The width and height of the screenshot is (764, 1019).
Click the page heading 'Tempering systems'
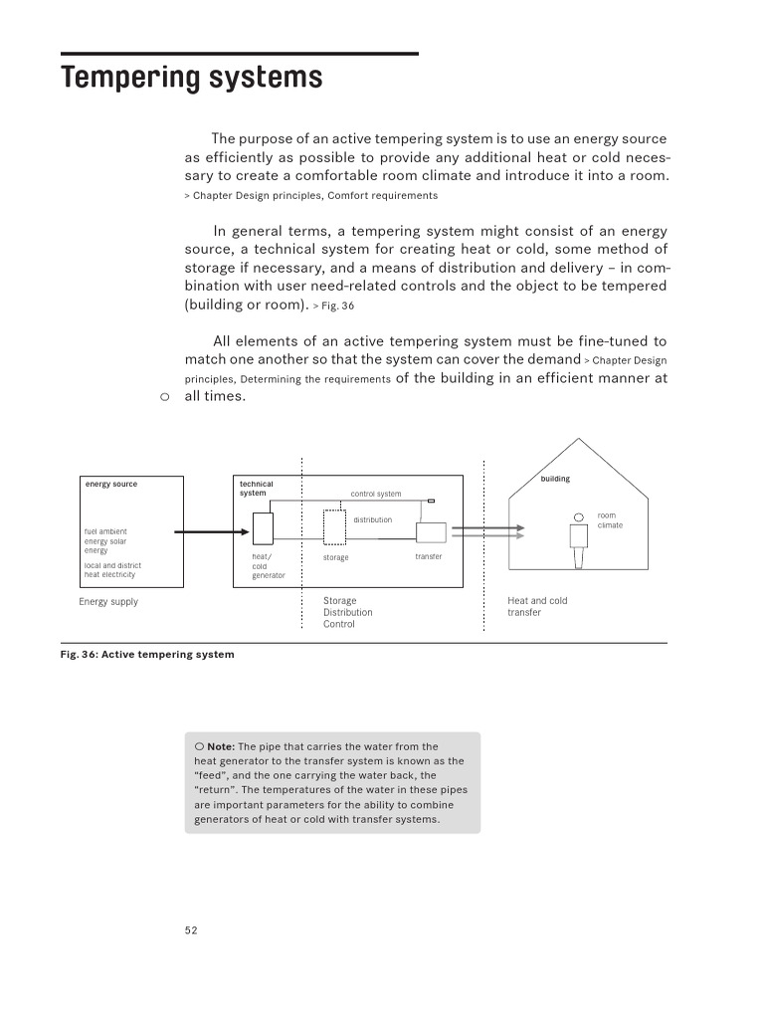click(x=192, y=78)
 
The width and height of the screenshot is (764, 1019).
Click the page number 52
click(x=191, y=930)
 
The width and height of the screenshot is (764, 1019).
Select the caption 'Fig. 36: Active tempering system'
click(x=147, y=655)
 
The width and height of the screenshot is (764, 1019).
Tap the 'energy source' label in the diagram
click(x=111, y=484)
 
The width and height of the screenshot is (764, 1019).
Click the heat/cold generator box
click(x=263, y=526)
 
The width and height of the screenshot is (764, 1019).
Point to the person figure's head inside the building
click(x=578, y=516)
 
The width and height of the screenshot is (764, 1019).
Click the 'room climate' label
click(x=609, y=519)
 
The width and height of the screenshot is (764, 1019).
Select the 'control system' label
click(x=376, y=494)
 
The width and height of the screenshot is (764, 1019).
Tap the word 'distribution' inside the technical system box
click(x=373, y=519)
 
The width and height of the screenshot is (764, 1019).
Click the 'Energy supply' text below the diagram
click(x=108, y=602)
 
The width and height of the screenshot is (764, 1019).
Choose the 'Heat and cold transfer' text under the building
click(x=537, y=606)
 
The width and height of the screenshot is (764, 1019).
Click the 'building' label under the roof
click(x=555, y=479)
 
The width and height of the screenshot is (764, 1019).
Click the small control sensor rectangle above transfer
click(x=431, y=502)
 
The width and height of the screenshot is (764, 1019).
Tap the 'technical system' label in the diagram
click(x=256, y=488)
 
